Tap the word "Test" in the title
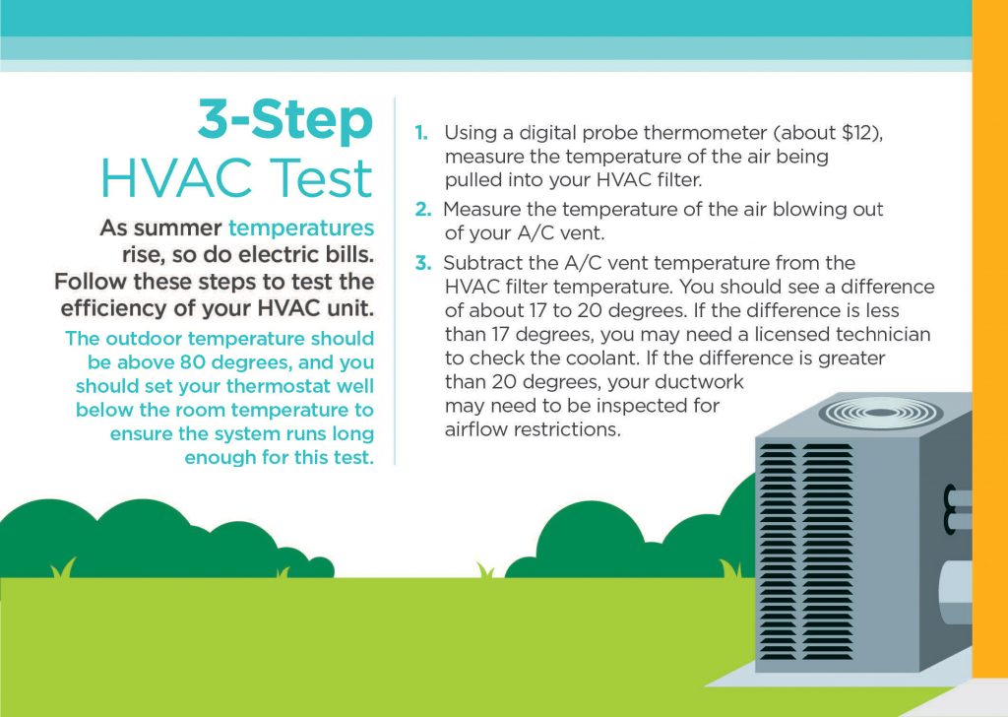(x=321, y=177)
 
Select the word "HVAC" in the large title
(x=179, y=177)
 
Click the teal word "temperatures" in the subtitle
(x=301, y=228)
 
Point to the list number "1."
(x=421, y=133)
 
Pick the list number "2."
(x=422, y=210)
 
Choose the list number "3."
(x=422, y=263)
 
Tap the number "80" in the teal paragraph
(x=192, y=362)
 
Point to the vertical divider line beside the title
(x=395, y=281)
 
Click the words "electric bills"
(x=305, y=255)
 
